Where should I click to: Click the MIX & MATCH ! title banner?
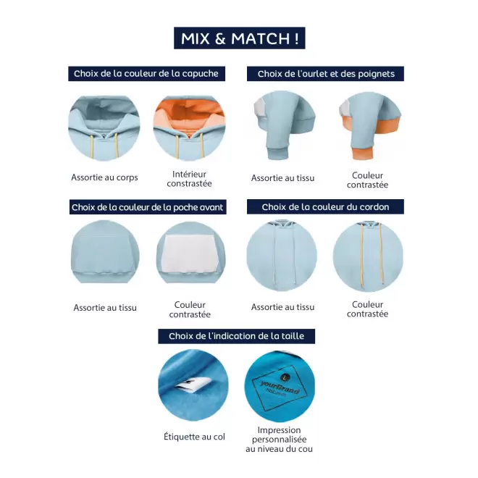239,38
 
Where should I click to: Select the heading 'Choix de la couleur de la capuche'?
146,74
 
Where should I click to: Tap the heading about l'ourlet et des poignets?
325,74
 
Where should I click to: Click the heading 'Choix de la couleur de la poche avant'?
148,207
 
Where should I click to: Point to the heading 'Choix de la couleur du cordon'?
325,206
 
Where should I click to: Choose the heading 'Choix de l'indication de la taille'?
236,336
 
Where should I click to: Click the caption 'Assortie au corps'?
104,177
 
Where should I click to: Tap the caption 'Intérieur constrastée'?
189,179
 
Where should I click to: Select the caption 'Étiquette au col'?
194,437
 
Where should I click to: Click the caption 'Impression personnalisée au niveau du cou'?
280,440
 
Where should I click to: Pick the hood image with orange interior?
189,128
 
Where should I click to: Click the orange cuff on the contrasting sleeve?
362,154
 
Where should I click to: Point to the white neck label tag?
195,385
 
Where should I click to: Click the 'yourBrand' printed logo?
278,387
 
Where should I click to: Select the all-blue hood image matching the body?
104,128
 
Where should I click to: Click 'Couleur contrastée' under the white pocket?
190,309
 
